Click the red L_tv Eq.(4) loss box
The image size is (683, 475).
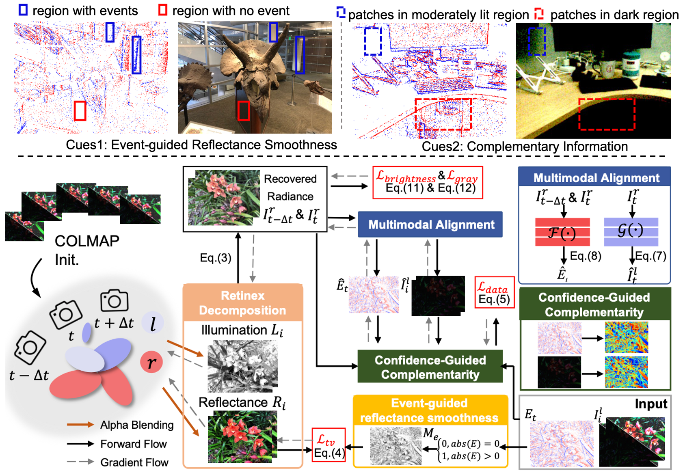329,445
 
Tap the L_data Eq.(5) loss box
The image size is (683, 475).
494,292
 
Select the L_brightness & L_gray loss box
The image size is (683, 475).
427,182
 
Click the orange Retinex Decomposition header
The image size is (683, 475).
242,303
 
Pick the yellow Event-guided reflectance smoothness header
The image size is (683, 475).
430,410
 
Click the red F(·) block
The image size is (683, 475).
562,232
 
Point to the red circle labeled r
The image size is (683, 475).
151,362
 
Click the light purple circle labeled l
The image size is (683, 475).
153,323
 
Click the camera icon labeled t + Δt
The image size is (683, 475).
114,301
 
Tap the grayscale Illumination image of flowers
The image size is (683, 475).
242,366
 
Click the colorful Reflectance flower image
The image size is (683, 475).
242,436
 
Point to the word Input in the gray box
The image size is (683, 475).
651,404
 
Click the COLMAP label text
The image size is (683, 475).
87,241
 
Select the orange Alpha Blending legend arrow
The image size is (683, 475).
80,425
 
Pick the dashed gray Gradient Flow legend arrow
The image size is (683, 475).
80,462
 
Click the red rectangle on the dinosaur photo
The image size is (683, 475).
243,110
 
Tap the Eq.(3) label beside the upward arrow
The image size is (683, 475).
215,258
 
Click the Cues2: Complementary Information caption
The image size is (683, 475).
524,147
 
